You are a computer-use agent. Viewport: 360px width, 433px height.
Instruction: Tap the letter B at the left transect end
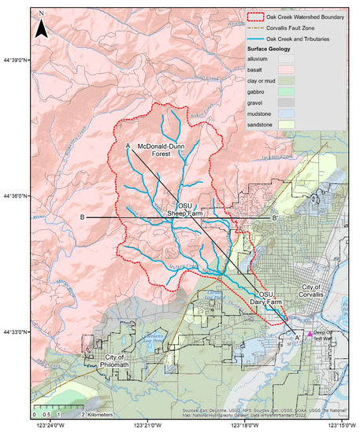coord(82,217)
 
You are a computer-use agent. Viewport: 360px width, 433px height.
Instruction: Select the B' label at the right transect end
coord(275,217)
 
